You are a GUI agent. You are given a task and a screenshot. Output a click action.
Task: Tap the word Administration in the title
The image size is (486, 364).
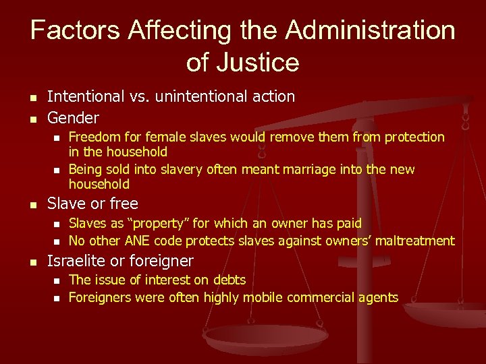pos(370,30)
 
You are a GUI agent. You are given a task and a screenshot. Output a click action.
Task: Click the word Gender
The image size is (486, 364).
pos(73,118)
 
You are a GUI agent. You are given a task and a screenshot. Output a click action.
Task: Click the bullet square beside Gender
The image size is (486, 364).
pos(32,119)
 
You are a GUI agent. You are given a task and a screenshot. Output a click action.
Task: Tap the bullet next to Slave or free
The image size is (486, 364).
pos(32,204)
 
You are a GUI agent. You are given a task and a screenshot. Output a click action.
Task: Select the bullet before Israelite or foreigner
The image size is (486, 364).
pos(32,262)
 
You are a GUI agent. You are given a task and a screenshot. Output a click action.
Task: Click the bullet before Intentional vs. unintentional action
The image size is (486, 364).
pos(32,97)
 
